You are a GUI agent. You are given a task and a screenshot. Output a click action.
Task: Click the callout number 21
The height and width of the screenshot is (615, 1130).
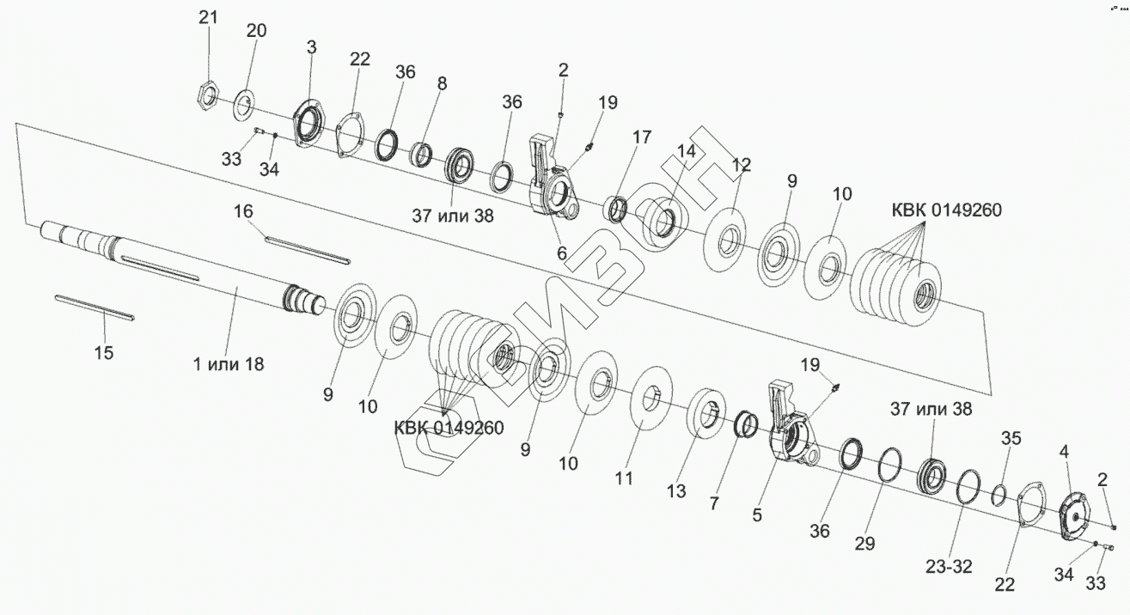coord(210,18)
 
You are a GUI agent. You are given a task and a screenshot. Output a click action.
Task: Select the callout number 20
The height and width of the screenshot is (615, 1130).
coord(256,31)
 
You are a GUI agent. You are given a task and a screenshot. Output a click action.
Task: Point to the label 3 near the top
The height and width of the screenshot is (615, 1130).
coord(311,46)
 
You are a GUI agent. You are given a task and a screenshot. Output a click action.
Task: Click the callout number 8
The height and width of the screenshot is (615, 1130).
coord(442,84)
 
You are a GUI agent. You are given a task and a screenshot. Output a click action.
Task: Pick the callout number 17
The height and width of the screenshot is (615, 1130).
coord(643,137)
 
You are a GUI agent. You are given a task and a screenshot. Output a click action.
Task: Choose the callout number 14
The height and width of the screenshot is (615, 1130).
coord(686,151)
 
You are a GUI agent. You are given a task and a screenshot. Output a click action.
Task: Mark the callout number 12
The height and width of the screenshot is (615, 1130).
coord(741,164)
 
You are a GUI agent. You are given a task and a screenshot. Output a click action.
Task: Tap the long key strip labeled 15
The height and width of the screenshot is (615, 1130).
coord(94,307)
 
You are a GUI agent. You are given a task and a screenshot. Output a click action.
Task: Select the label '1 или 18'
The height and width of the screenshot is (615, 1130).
coord(229,363)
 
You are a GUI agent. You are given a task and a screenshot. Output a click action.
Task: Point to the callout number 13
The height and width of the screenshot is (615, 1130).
coord(676,490)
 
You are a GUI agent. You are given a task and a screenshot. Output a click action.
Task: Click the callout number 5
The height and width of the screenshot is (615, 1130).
coord(757,515)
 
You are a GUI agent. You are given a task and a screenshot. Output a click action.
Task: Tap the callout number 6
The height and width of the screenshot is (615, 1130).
coord(562,253)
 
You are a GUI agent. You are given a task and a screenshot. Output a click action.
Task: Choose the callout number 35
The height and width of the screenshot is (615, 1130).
coord(1011,439)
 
